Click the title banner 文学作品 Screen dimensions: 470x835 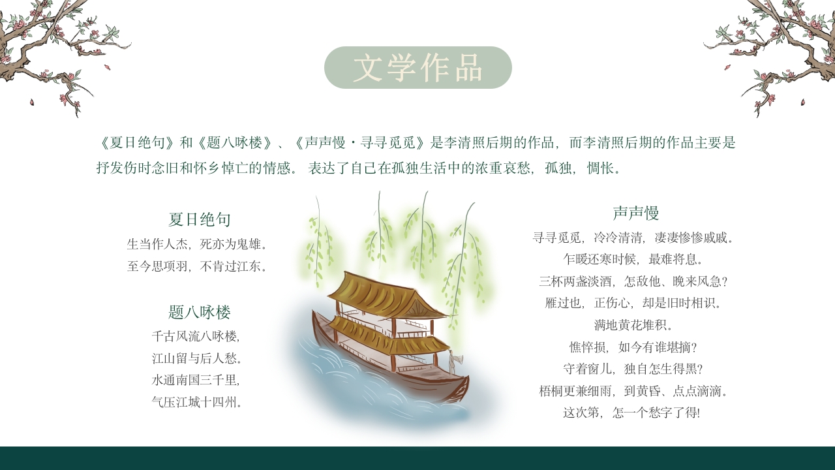417,68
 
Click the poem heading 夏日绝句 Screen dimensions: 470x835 200,219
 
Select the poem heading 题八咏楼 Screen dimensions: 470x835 200,312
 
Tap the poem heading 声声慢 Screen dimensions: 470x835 635,213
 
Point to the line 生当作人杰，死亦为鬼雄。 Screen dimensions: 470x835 198,244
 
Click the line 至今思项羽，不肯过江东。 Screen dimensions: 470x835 198,266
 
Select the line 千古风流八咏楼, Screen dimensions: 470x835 196,337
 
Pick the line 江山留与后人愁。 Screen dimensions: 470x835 198,358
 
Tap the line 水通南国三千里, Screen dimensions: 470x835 196,380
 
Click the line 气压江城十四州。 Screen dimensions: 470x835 198,402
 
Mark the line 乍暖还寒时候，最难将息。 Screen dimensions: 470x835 633,259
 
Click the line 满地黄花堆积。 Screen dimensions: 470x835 633,325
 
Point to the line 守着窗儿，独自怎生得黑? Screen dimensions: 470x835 633,369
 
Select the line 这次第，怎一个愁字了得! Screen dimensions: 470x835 631,413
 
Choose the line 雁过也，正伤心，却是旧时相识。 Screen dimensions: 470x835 633,303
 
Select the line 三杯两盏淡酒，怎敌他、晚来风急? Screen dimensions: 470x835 633,281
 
